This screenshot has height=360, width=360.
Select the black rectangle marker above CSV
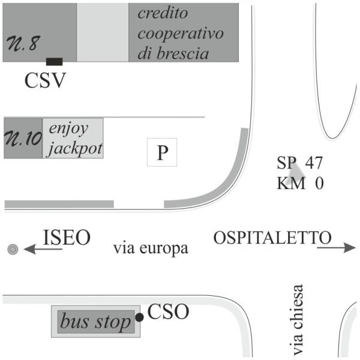[x=55, y=61]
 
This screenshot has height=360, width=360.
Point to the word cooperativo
[x=181, y=34]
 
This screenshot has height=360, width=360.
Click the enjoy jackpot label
[x=74, y=138]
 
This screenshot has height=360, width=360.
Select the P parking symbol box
[x=162, y=153]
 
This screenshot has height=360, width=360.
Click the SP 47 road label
[x=300, y=162]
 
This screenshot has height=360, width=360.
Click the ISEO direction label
[x=67, y=238]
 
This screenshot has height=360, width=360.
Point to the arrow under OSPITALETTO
[x=335, y=247]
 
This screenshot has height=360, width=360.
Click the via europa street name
[x=151, y=248]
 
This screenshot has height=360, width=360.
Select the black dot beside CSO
[x=139, y=317]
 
